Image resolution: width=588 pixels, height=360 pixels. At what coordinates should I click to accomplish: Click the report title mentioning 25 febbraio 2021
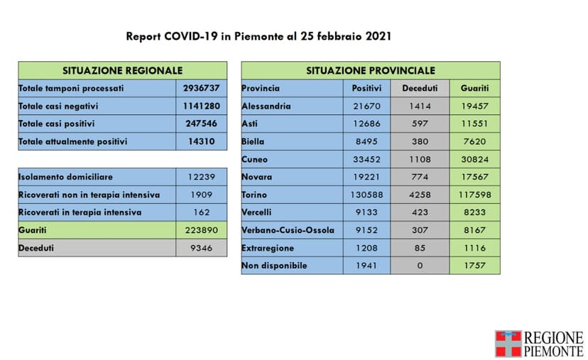[258, 36]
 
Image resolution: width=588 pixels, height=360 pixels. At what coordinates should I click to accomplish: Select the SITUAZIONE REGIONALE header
[122, 70]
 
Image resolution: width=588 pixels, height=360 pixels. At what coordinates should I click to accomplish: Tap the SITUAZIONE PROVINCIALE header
[370, 70]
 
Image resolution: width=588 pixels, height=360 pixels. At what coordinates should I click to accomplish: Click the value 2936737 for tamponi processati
[201, 88]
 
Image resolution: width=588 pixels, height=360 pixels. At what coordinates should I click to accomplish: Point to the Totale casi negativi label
[58, 106]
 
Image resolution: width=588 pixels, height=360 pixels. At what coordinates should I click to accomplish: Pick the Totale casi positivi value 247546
[201, 124]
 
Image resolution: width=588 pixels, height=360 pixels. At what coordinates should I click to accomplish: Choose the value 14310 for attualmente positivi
[201, 141]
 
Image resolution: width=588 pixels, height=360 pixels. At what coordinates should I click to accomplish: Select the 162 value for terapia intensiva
[201, 212]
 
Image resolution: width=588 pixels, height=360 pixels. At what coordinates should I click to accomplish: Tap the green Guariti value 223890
[201, 230]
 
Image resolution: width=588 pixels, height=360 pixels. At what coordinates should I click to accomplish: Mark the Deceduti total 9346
[201, 248]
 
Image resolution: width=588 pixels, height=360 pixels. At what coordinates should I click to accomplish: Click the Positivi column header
[366, 88]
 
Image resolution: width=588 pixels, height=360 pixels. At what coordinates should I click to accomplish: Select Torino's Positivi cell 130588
[366, 195]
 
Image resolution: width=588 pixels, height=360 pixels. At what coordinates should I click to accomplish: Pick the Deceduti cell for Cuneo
[420, 159]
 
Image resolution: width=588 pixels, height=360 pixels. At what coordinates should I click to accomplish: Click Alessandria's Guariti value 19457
[474, 106]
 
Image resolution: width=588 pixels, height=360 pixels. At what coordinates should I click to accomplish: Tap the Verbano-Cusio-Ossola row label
[288, 230]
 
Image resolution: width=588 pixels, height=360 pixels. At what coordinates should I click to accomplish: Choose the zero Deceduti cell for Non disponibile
[420, 266]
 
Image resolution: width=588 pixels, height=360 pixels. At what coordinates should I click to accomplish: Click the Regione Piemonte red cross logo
[508, 343]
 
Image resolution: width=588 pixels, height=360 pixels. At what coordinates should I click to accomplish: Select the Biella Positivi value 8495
[366, 141]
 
